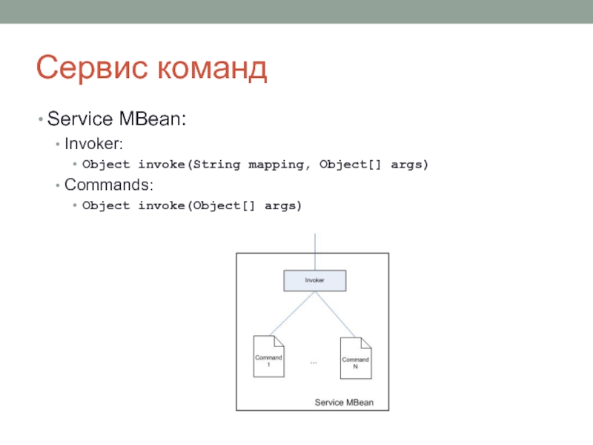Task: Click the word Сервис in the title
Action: coord(92,67)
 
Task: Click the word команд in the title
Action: coord(212,68)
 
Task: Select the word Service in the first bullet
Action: coord(80,119)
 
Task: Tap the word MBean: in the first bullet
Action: coord(153,119)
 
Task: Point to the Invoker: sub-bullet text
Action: coord(94,144)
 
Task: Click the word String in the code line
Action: coord(216,165)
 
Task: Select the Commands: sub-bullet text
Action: coord(109,185)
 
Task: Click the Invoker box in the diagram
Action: coord(314,280)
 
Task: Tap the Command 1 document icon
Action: coord(268,356)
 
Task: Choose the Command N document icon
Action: coord(356,358)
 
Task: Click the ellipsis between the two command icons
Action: coord(314,363)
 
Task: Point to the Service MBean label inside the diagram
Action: coord(344,402)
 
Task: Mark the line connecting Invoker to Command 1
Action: coord(292,313)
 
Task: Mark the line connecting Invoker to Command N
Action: coord(335,314)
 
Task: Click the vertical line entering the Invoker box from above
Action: coord(315,251)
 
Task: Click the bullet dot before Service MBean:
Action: coord(41,119)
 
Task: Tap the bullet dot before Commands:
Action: coord(58,185)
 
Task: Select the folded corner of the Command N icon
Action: coord(366,343)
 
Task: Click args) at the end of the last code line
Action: coord(283,206)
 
